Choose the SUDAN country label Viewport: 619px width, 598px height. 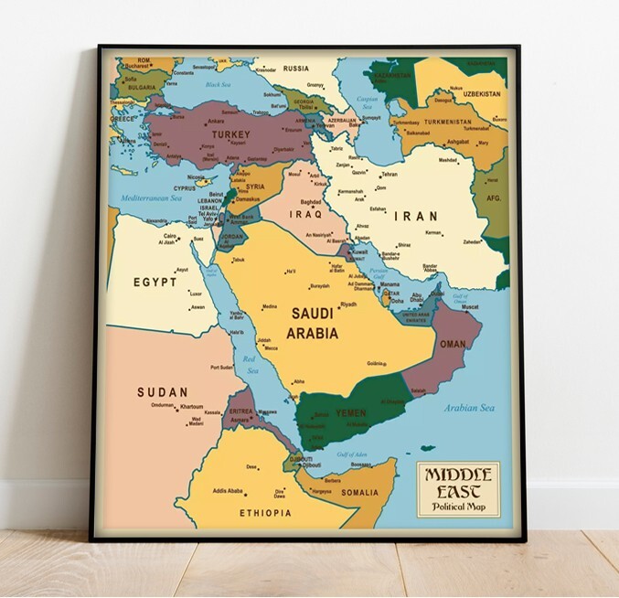click(x=163, y=392)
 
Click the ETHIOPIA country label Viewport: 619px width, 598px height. click(x=265, y=514)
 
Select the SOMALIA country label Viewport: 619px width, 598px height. click(x=359, y=494)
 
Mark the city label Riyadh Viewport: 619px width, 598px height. click(x=348, y=304)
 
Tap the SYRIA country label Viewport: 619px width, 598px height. click(x=255, y=187)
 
